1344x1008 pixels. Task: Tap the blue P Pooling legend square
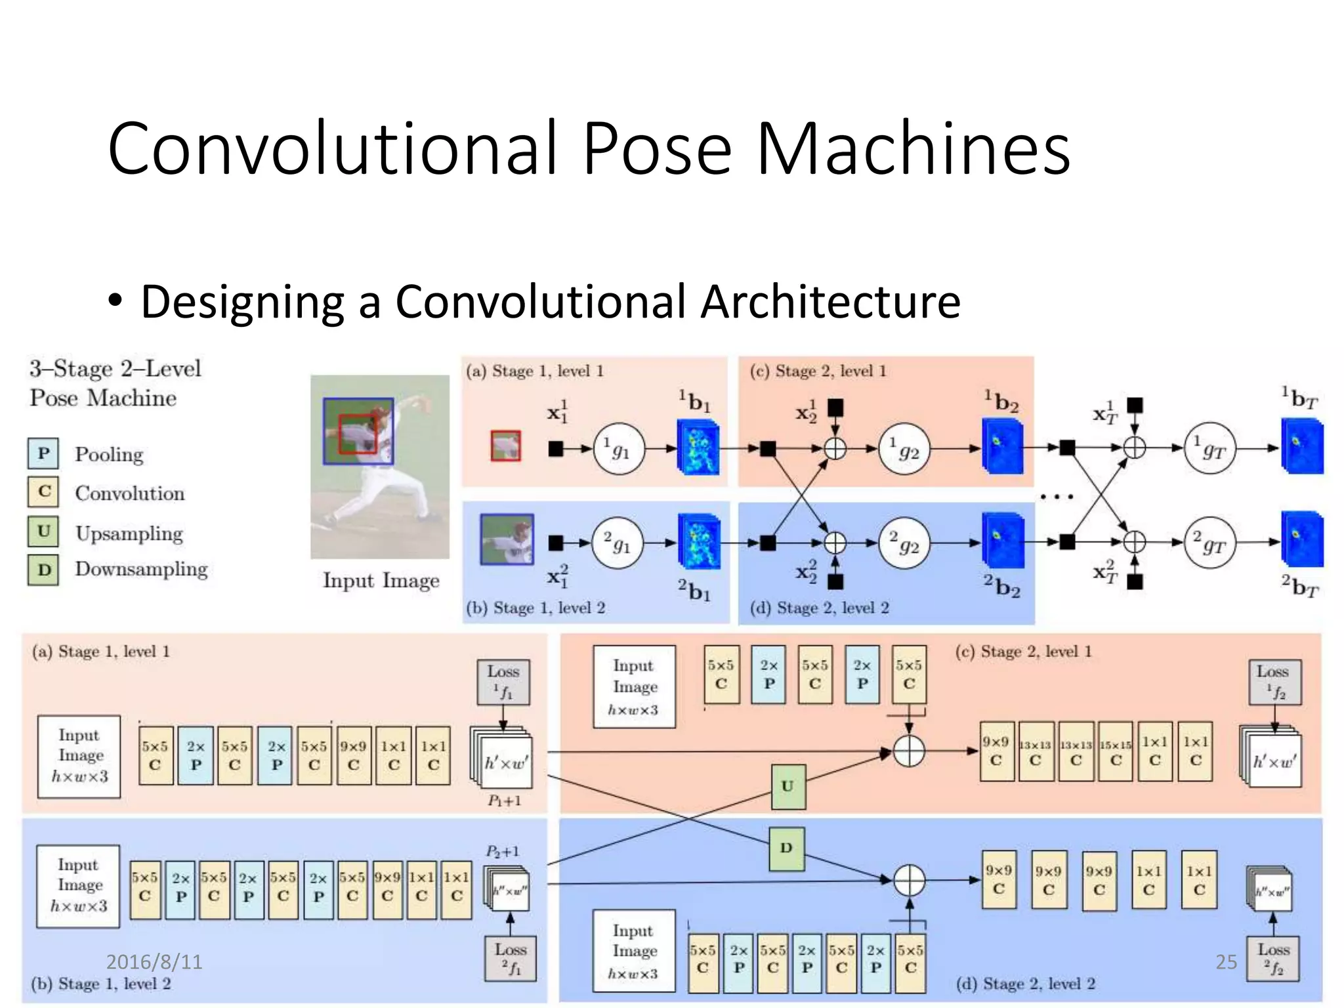pos(43,453)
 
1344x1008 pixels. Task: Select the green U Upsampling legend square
pos(43,532)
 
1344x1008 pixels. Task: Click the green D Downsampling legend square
pos(43,570)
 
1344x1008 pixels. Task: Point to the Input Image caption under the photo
pos(381,581)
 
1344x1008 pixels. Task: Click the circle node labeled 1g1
pos(619,449)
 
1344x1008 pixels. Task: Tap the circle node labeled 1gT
pos(1209,449)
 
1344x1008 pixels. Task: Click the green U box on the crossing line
pos(787,786)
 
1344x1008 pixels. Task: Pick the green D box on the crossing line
pos(786,848)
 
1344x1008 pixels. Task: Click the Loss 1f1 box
pos(503,682)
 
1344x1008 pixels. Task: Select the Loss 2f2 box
pos(1273,959)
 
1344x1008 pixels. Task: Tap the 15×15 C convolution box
pos(1115,751)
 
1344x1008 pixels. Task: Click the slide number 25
pos(1225,961)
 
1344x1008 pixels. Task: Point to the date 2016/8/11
pos(154,961)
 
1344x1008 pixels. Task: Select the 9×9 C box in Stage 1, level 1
pos(354,755)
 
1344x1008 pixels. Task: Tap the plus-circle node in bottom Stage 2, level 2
pos(910,880)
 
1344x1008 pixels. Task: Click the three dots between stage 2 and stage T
pos(1057,497)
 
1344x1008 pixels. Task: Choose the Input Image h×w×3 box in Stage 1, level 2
pos(78,886)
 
